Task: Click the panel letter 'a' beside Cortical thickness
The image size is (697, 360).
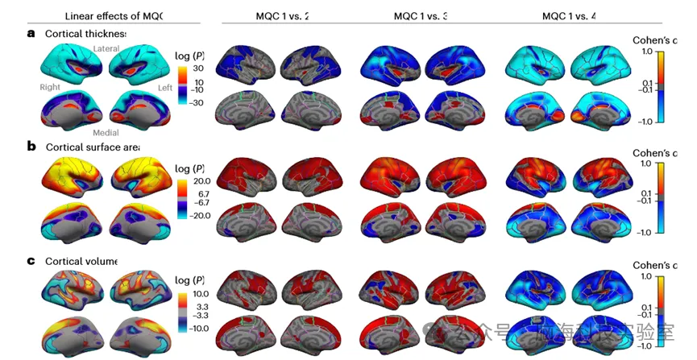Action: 31,33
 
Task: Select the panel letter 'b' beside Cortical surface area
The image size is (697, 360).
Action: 31,147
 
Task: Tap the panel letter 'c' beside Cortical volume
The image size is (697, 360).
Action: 31,261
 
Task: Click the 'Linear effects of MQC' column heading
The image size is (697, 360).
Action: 113,15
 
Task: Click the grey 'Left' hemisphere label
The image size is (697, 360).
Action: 164,86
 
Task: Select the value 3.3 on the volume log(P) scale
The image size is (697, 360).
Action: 201,307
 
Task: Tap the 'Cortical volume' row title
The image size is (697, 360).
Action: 81,262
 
